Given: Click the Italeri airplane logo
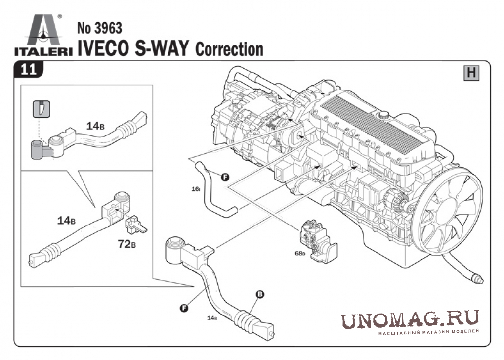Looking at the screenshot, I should click(x=44, y=30).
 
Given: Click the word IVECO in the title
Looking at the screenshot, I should click(x=102, y=48).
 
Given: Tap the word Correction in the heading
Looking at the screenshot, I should click(x=229, y=49).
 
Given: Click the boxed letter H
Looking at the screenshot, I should click(x=471, y=73).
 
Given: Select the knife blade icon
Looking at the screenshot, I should click(x=42, y=109).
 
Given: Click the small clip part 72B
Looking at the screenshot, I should click(x=134, y=225).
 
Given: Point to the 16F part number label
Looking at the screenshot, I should click(x=196, y=188).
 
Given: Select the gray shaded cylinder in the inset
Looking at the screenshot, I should click(x=37, y=149).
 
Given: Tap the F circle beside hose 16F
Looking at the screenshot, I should click(x=225, y=177).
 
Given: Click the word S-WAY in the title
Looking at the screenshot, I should click(x=161, y=48).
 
